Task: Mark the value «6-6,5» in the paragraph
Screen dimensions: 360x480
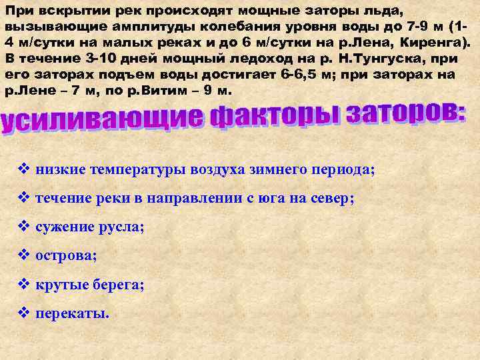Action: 276,74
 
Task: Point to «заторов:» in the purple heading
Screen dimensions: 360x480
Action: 407,111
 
